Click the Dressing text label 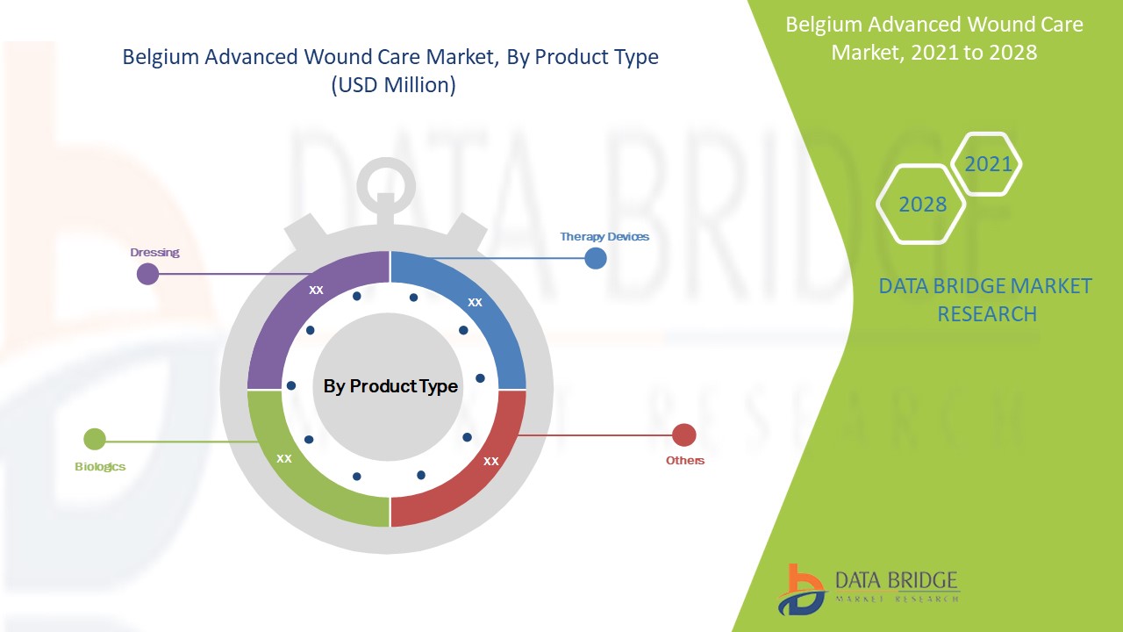tap(154, 252)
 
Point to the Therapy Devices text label tap(604, 236)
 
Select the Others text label tap(684, 460)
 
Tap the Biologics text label tap(100, 466)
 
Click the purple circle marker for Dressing tap(148, 274)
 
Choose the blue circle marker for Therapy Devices tap(596, 258)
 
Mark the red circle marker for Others tap(683, 434)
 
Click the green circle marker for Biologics tap(95, 439)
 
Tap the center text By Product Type tap(390, 386)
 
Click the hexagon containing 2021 tap(988, 164)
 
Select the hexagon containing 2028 tap(922, 205)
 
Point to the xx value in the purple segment tap(316, 289)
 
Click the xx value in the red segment tap(491, 460)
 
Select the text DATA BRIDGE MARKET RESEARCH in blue tap(986, 299)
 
